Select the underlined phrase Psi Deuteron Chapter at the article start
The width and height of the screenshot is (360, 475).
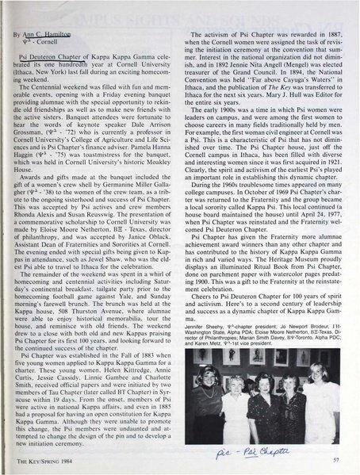tap(47, 57)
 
